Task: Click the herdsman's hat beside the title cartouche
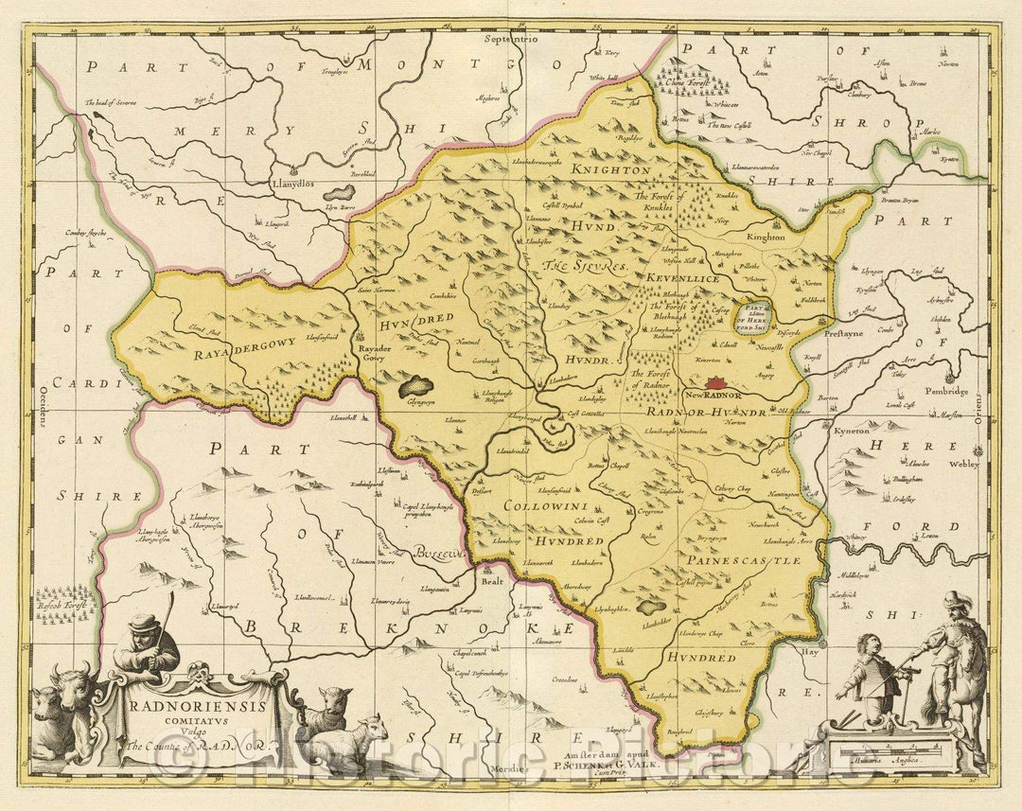pos(144,622)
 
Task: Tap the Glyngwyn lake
pos(417,386)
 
